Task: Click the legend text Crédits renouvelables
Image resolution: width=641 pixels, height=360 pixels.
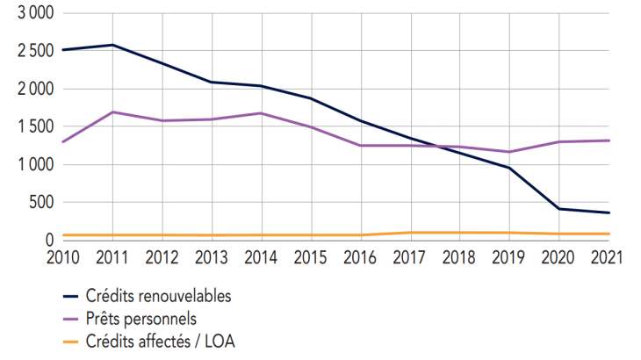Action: click(159, 296)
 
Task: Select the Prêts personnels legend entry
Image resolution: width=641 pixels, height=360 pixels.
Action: click(140, 319)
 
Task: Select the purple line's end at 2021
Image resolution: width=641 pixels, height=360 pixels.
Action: click(610, 140)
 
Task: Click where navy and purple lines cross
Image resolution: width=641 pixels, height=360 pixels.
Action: click(440, 147)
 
